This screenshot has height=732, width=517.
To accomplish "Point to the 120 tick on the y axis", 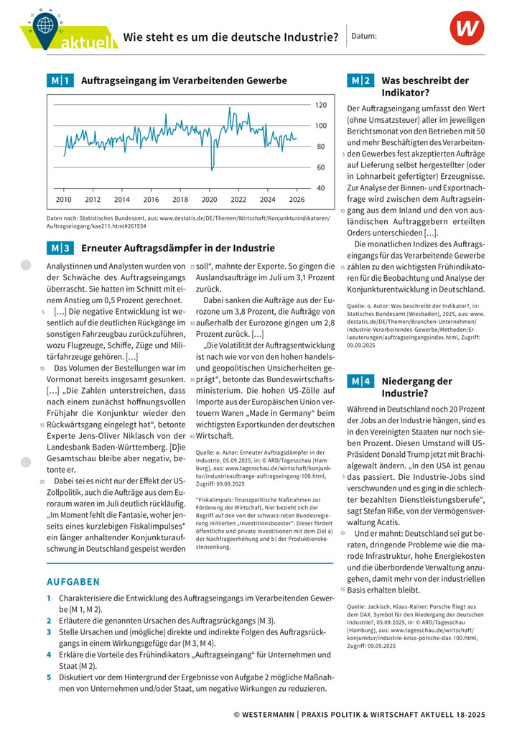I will [320, 105].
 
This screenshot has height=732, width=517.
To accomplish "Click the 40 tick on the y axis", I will [320, 188].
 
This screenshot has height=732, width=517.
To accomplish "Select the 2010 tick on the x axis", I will [63, 200].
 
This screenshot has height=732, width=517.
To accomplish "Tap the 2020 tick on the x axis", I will [209, 200].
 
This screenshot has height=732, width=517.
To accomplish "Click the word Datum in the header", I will [366, 36].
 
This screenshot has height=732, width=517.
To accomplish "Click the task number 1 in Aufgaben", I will [49, 598].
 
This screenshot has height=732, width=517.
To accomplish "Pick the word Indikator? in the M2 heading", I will [406, 93].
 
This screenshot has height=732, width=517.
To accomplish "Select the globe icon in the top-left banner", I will [46, 24].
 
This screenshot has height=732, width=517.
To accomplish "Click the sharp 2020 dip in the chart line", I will [211, 167].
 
